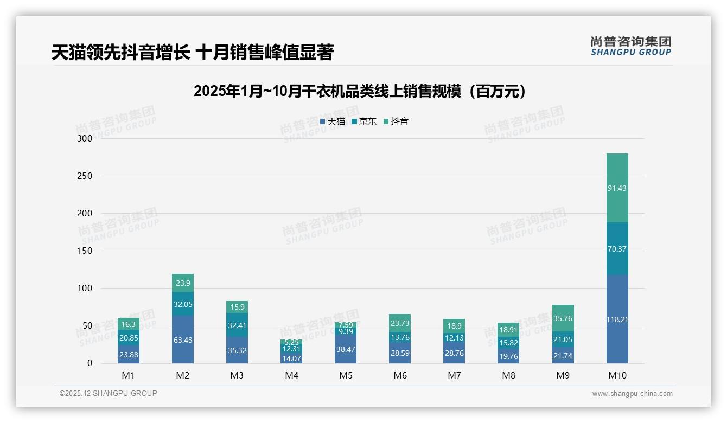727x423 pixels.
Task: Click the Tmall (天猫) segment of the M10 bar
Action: point(617,319)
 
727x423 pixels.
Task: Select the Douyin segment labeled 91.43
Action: point(617,188)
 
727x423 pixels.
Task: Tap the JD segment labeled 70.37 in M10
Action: point(617,249)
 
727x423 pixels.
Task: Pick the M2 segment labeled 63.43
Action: point(183,340)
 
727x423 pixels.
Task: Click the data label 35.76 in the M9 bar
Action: point(563,318)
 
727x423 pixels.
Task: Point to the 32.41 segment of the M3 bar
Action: point(237,325)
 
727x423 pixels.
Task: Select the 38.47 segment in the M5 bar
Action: point(346,350)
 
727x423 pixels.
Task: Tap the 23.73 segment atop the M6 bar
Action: point(400,323)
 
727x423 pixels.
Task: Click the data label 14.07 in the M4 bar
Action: point(291,358)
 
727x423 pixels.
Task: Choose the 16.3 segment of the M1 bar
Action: point(129,324)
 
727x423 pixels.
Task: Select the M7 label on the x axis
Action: point(454,375)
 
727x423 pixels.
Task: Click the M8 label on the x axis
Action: point(508,375)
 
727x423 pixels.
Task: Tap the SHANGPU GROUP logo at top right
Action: point(630,46)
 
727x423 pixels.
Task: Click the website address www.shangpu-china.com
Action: point(632,394)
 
